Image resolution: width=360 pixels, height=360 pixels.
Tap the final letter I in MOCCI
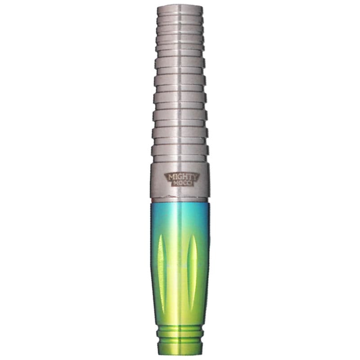click(190, 183)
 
